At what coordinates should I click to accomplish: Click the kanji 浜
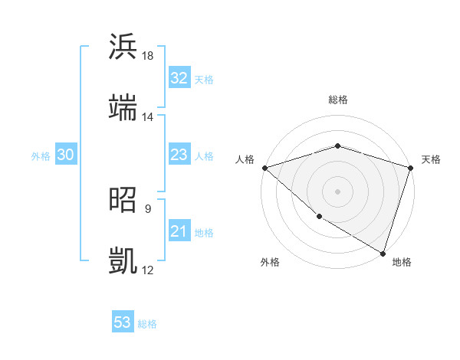(123, 47)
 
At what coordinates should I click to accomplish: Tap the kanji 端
(123, 108)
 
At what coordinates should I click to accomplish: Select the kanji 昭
(123, 200)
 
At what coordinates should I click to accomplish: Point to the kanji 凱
(123, 261)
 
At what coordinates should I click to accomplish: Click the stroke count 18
(148, 56)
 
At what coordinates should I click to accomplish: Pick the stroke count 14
(148, 117)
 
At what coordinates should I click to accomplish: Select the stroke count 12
(148, 270)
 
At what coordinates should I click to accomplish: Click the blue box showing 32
(179, 78)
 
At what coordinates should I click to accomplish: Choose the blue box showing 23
(179, 155)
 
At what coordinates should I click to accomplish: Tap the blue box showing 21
(179, 232)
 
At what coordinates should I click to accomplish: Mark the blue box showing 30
(65, 155)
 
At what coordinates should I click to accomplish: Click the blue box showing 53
(123, 322)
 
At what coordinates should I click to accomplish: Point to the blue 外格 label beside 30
(41, 156)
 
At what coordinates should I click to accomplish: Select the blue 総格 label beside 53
(147, 324)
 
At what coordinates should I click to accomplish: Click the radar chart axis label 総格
(337, 100)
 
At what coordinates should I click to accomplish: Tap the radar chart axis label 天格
(432, 159)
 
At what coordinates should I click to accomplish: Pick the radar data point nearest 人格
(264, 168)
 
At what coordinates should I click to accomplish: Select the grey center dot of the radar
(337, 191)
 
